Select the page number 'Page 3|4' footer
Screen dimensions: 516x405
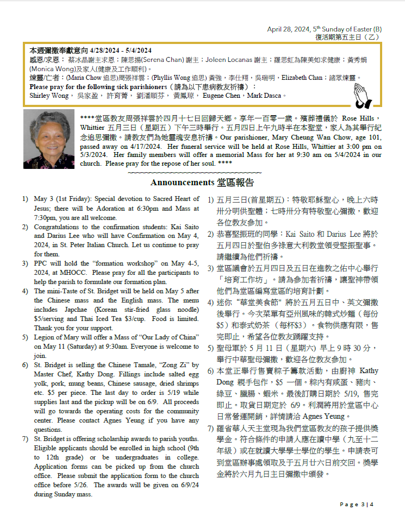357,505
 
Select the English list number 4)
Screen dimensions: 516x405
26,291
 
